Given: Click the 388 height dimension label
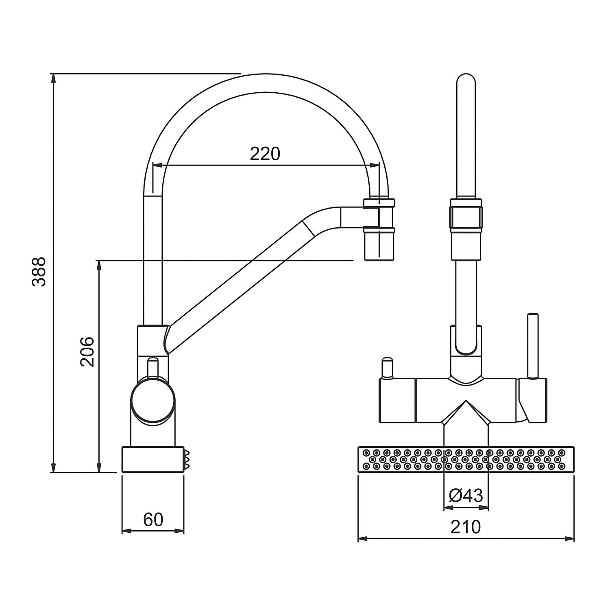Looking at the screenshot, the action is pyautogui.click(x=39, y=272).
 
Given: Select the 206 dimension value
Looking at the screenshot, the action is pyautogui.click(x=87, y=351).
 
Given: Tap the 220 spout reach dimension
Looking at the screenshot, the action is pyautogui.click(x=265, y=154).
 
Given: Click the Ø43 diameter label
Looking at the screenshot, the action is pyautogui.click(x=466, y=496).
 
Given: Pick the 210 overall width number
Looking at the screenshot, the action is pyautogui.click(x=466, y=527).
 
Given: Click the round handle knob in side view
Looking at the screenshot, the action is pyautogui.click(x=154, y=399).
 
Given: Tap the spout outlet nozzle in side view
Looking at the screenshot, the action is pyautogui.click(x=379, y=230).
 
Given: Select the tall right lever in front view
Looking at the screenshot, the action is pyautogui.click(x=533, y=346).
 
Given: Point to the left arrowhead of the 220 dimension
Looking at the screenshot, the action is pyautogui.click(x=157, y=165).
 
